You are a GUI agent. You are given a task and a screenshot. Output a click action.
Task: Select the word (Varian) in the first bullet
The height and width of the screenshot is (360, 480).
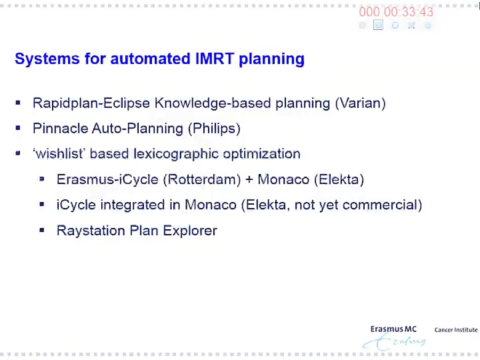tap(360, 103)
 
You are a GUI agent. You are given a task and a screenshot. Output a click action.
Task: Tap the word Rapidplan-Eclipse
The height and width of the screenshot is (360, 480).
tap(91, 103)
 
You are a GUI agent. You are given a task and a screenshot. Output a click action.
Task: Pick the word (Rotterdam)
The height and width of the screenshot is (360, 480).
tap(202, 180)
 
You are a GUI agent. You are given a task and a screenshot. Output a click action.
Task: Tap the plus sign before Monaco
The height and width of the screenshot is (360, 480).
tap(249, 180)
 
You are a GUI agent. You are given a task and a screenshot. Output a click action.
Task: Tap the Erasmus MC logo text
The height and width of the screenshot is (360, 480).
tap(393, 330)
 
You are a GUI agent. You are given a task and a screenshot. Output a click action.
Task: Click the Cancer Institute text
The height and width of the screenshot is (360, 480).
tap(456, 330)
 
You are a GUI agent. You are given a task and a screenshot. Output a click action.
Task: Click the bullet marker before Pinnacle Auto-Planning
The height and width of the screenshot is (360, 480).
tap(19, 128)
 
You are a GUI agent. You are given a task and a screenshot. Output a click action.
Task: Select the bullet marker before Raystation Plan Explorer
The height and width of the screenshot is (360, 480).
tap(42, 230)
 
